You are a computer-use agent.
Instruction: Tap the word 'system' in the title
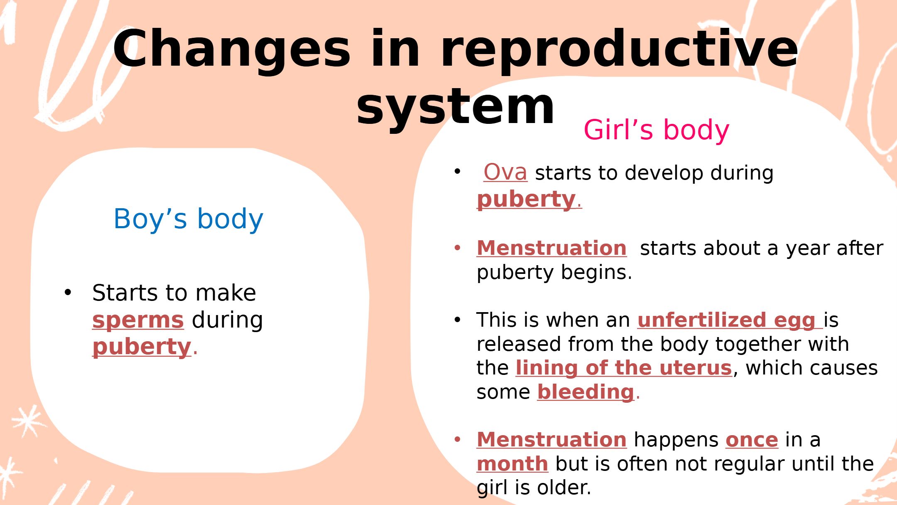(x=456, y=107)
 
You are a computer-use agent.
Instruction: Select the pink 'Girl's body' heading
(x=656, y=130)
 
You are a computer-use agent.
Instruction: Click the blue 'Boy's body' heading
(x=188, y=219)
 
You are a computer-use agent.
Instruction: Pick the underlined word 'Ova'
(x=505, y=172)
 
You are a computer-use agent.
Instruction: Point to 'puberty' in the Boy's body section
(x=142, y=347)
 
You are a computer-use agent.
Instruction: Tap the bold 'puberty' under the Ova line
(x=526, y=200)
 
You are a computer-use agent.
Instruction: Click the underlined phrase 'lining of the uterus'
(x=623, y=368)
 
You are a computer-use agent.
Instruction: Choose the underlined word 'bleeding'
(x=586, y=392)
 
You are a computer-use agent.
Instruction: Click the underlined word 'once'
(x=752, y=440)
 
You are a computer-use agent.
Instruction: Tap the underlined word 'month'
(x=512, y=464)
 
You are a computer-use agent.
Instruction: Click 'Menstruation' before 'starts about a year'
(x=551, y=248)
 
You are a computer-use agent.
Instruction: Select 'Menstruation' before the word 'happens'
(x=551, y=440)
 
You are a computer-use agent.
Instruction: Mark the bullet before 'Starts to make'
(x=68, y=293)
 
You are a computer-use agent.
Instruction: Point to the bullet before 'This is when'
(x=458, y=320)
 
